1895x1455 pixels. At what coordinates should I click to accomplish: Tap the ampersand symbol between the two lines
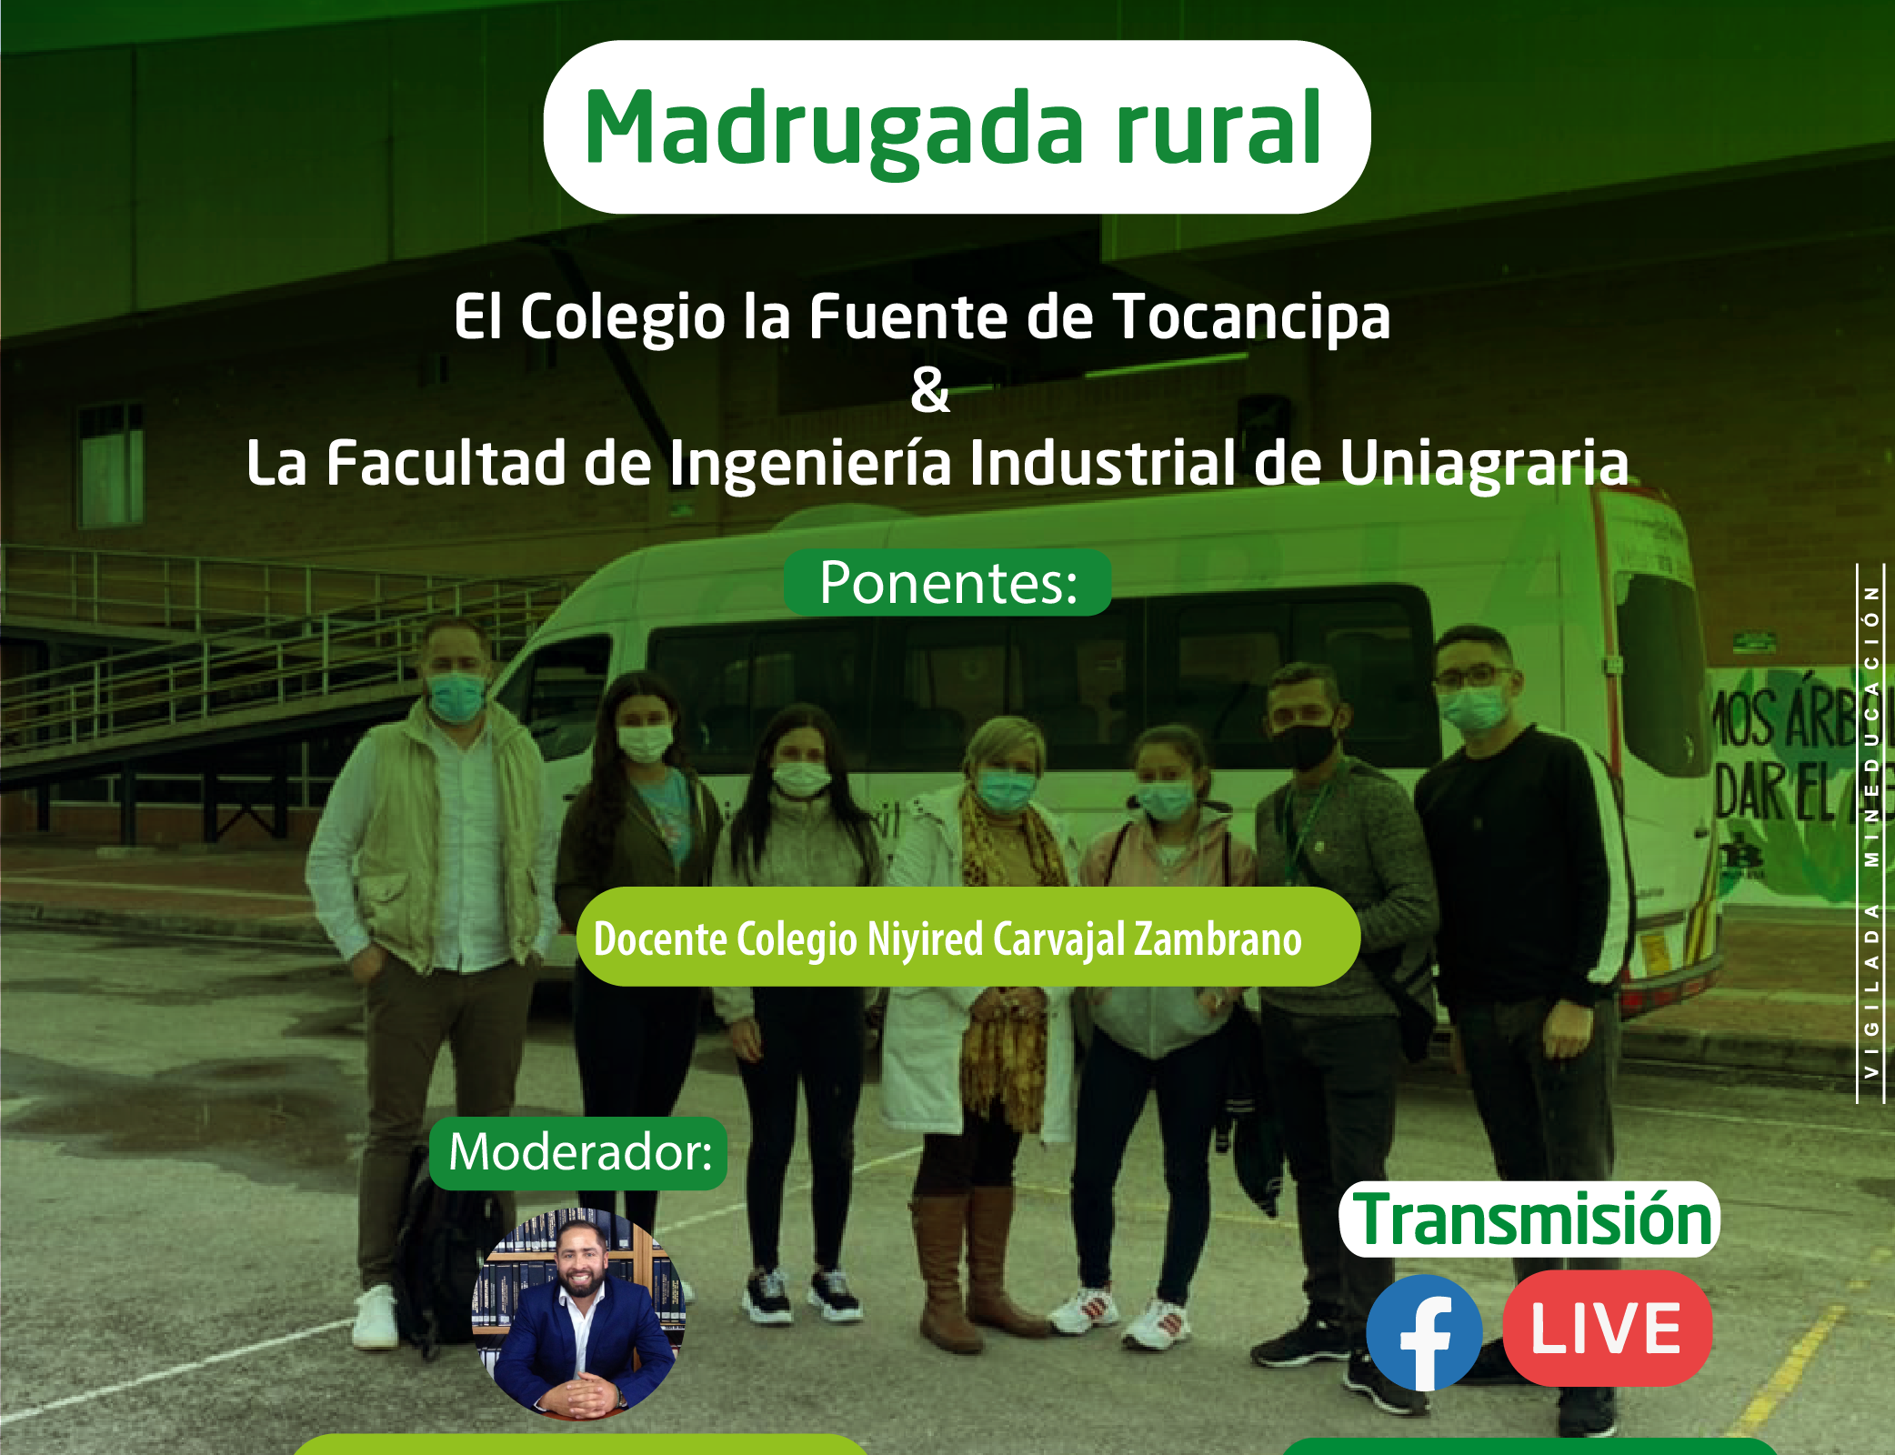[x=930, y=390]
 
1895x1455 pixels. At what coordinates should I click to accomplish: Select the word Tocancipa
[x=1252, y=317]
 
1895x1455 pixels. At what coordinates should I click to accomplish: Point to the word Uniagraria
[x=1484, y=464]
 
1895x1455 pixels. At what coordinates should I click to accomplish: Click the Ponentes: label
[x=947, y=583]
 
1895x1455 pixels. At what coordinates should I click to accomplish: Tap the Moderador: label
[x=579, y=1153]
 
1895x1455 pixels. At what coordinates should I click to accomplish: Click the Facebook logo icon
[x=1425, y=1332]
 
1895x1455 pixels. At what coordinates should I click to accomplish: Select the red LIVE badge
[x=1608, y=1329]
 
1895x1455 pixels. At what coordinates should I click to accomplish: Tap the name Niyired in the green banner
[x=926, y=940]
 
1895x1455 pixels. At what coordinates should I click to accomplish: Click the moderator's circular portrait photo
[x=578, y=1314]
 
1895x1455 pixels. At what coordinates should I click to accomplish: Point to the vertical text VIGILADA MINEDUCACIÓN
[x=1871, y=832]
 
